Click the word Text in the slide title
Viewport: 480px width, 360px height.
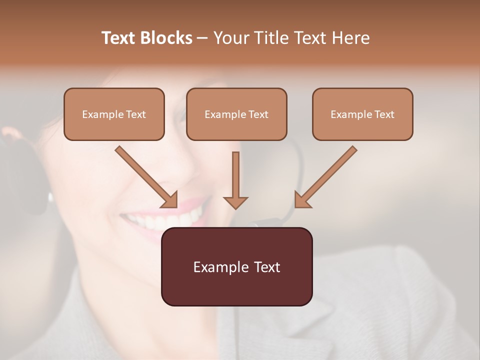(119, 38)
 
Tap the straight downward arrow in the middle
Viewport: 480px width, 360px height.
(235, 175)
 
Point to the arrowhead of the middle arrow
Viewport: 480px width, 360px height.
(235, 202)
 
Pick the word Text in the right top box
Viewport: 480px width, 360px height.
(384, 114)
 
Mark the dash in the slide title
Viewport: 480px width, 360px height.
(202, 38)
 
